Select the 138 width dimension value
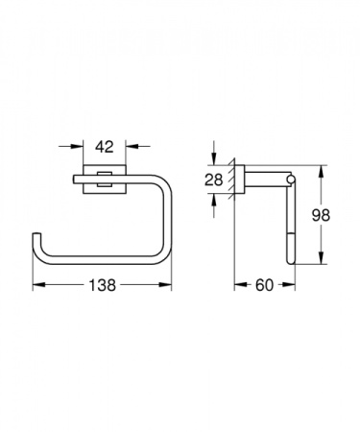[x=104, y=284]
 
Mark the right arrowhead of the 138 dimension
[x=170, y=285]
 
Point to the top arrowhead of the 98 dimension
[x=320, y=170]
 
